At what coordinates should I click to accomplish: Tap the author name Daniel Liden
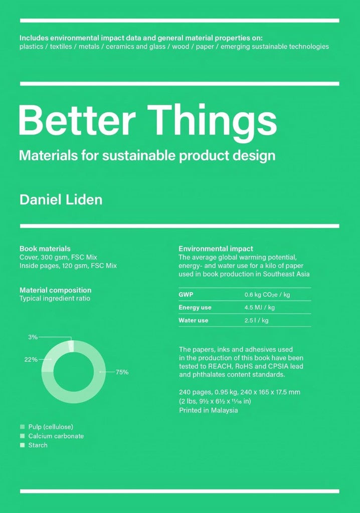pos(61,199)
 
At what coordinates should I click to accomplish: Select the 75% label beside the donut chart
pos(122,372)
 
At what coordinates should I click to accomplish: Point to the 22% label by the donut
pos(31,360)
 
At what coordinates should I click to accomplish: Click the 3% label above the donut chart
pos(33,337)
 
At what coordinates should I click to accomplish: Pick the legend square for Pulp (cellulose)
pos(22,427)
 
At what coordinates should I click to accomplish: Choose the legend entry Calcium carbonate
pos(56,436)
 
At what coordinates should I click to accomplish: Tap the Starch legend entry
pos(38,445)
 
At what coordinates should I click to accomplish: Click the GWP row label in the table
pos(186,295)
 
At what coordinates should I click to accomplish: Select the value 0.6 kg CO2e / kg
pos(267,295)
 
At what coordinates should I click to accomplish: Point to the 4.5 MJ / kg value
pos(259,308)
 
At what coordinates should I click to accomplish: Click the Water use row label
pos(194,320)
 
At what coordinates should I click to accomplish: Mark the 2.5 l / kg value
pos(256,320)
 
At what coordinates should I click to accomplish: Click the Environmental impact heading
pos(216,248)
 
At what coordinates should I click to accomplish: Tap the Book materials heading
pos(45,248)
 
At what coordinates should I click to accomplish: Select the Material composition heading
pos(56,290)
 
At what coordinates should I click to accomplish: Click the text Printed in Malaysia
pos(209,410)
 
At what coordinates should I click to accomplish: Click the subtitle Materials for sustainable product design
pos(147,155)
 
